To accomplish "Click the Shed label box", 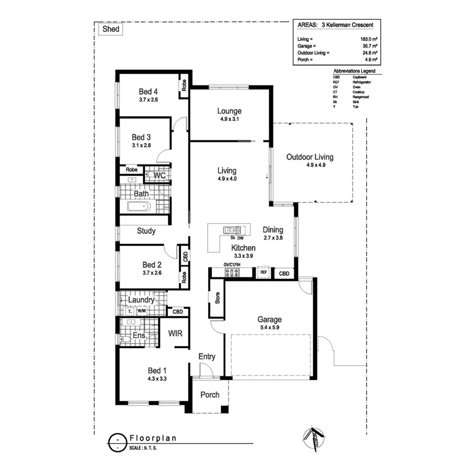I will [110, 29].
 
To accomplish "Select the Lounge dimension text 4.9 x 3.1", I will [229, 119].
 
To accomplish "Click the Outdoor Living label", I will [309, 157].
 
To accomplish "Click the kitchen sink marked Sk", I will [230, 230].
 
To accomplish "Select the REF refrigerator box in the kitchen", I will [263, 273].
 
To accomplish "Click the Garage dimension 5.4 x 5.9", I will [270, 328].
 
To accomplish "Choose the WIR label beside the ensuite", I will [175, 333].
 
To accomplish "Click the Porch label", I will [209, 394].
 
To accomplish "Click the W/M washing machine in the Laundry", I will [141, 310].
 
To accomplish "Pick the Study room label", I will [146, 231].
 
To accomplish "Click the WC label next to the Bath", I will [159, 176].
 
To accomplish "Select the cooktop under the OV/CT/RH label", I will [231, 273].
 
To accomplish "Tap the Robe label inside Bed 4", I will [184, 84].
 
